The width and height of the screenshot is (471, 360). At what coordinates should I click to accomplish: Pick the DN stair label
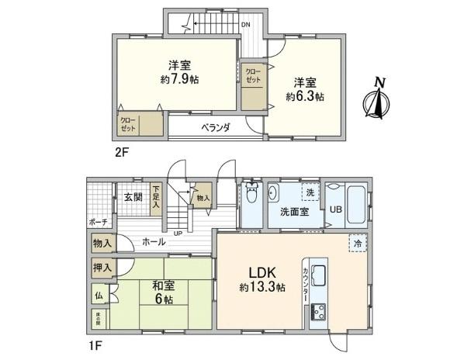point(245,24)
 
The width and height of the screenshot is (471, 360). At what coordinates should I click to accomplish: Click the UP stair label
point(178,233)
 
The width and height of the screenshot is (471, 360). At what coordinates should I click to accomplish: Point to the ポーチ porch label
point(98,223)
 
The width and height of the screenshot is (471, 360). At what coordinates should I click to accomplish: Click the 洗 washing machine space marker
point(308,192)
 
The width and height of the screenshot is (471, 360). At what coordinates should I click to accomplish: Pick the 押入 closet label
point(102,268)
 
